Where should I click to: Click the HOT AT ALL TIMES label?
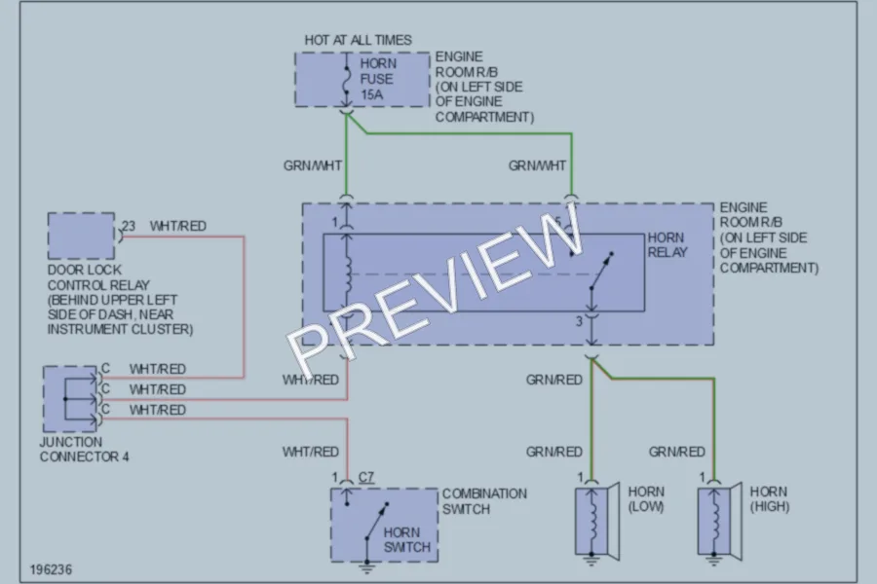(358, 40)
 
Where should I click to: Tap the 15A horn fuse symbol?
(347, 80)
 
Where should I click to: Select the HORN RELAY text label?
(667, 244)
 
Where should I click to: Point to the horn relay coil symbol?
(348, 274)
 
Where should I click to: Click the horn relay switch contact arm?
(602, 271)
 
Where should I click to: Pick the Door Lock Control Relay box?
(81, 236)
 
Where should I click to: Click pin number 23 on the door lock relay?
(129, 226)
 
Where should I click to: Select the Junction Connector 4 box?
(70, 399)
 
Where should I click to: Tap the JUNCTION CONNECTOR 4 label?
(84, 450)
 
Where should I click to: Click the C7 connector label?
(365, 477)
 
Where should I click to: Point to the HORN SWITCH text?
(406, 540)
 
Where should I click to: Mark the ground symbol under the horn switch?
(367, 567)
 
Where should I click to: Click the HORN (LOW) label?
(646, 499)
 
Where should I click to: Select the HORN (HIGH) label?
(769, 499)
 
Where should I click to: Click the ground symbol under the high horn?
(713, 560)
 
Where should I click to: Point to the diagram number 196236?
(51, 569)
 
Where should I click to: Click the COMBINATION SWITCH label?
(484, 501)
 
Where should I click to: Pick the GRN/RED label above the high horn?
(677, 452)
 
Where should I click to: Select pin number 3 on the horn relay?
(579, 321)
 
